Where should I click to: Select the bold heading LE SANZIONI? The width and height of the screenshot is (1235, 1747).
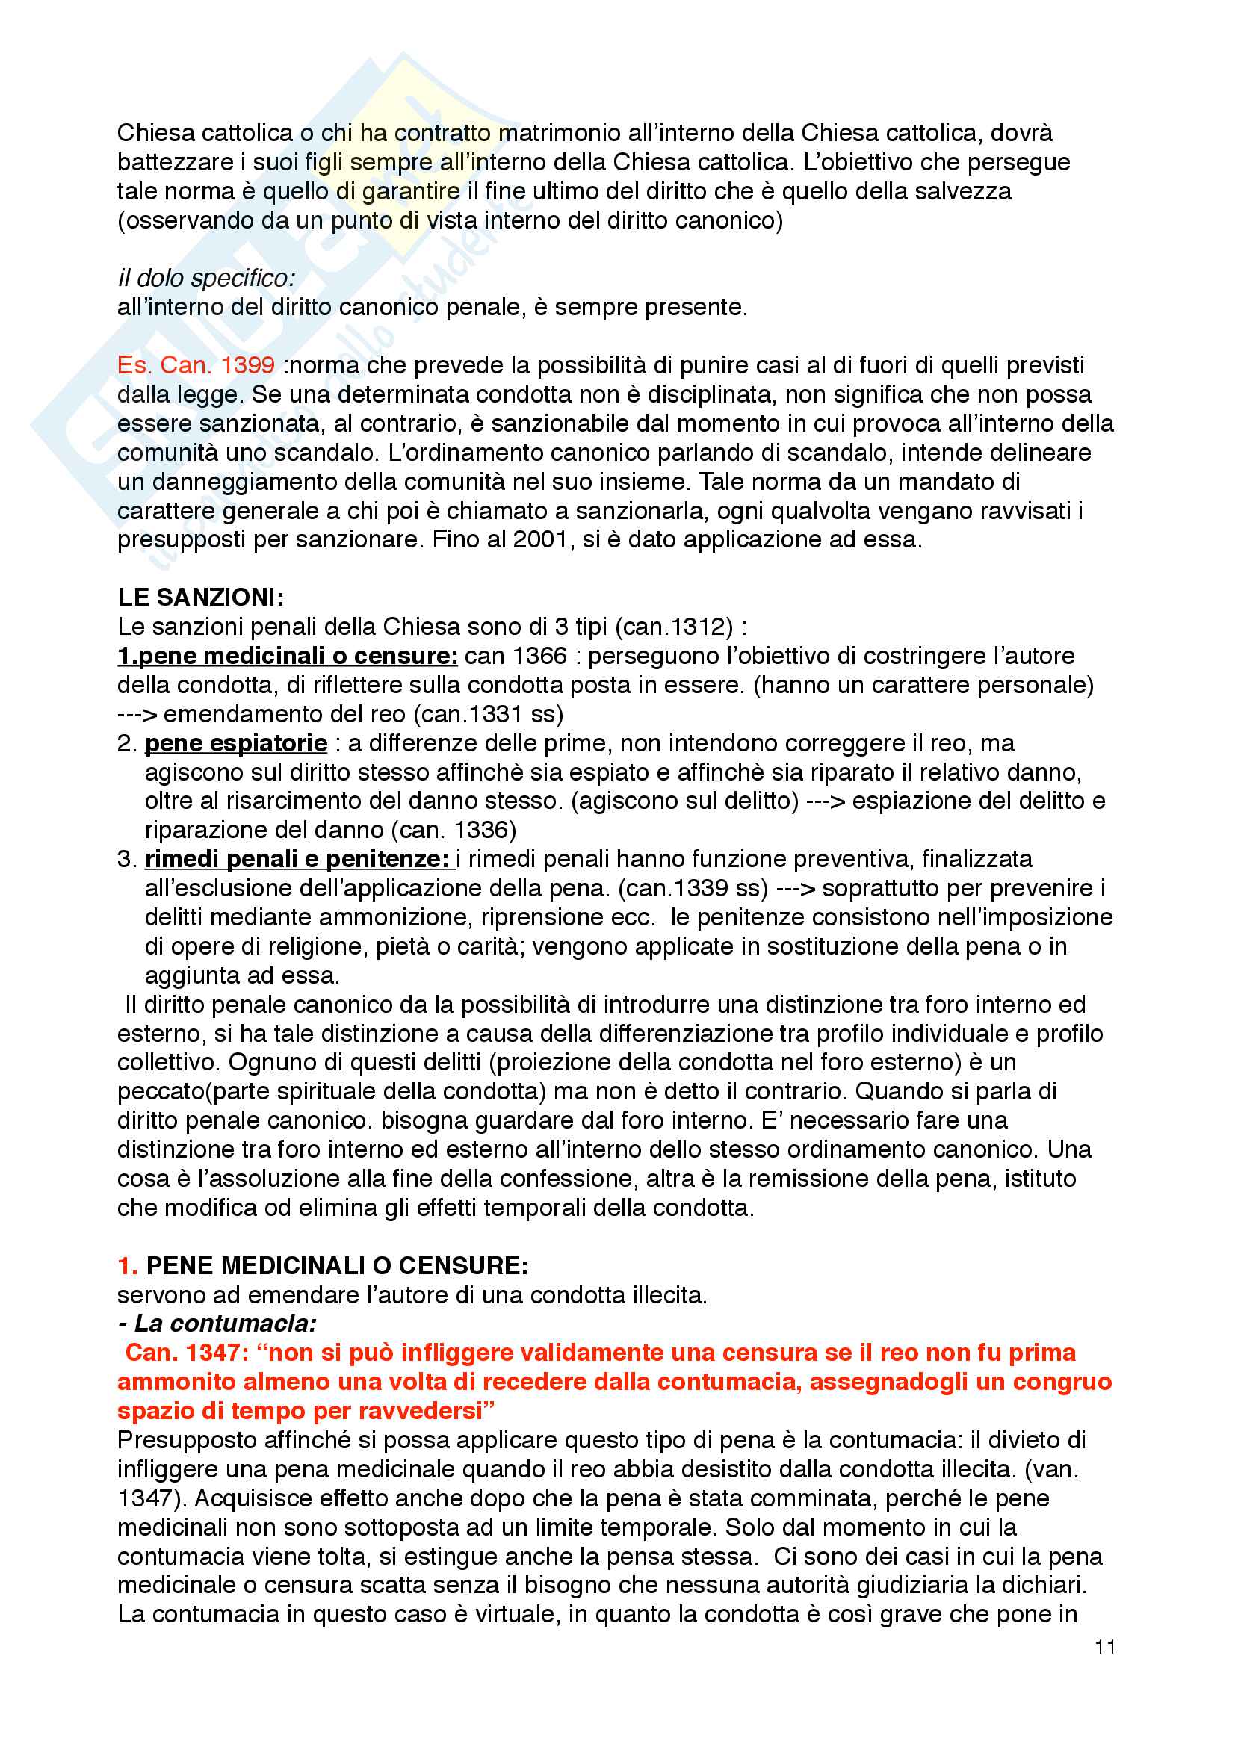(x=201, y=598)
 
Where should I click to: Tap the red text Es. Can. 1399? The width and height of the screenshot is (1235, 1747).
(x=196, y=365)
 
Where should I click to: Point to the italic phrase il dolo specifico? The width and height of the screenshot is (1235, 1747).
(x=206, y=279)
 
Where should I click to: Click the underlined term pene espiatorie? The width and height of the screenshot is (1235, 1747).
(x=236, y=742)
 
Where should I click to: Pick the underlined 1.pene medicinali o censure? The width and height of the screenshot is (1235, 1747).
(x=288, y=656)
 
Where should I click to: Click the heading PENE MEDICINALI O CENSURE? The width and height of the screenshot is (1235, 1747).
(x=336, y=1265)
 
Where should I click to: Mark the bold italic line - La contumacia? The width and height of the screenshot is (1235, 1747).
(x=217, y=1324)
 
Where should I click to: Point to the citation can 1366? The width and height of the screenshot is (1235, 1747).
(x=516, y=656)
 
